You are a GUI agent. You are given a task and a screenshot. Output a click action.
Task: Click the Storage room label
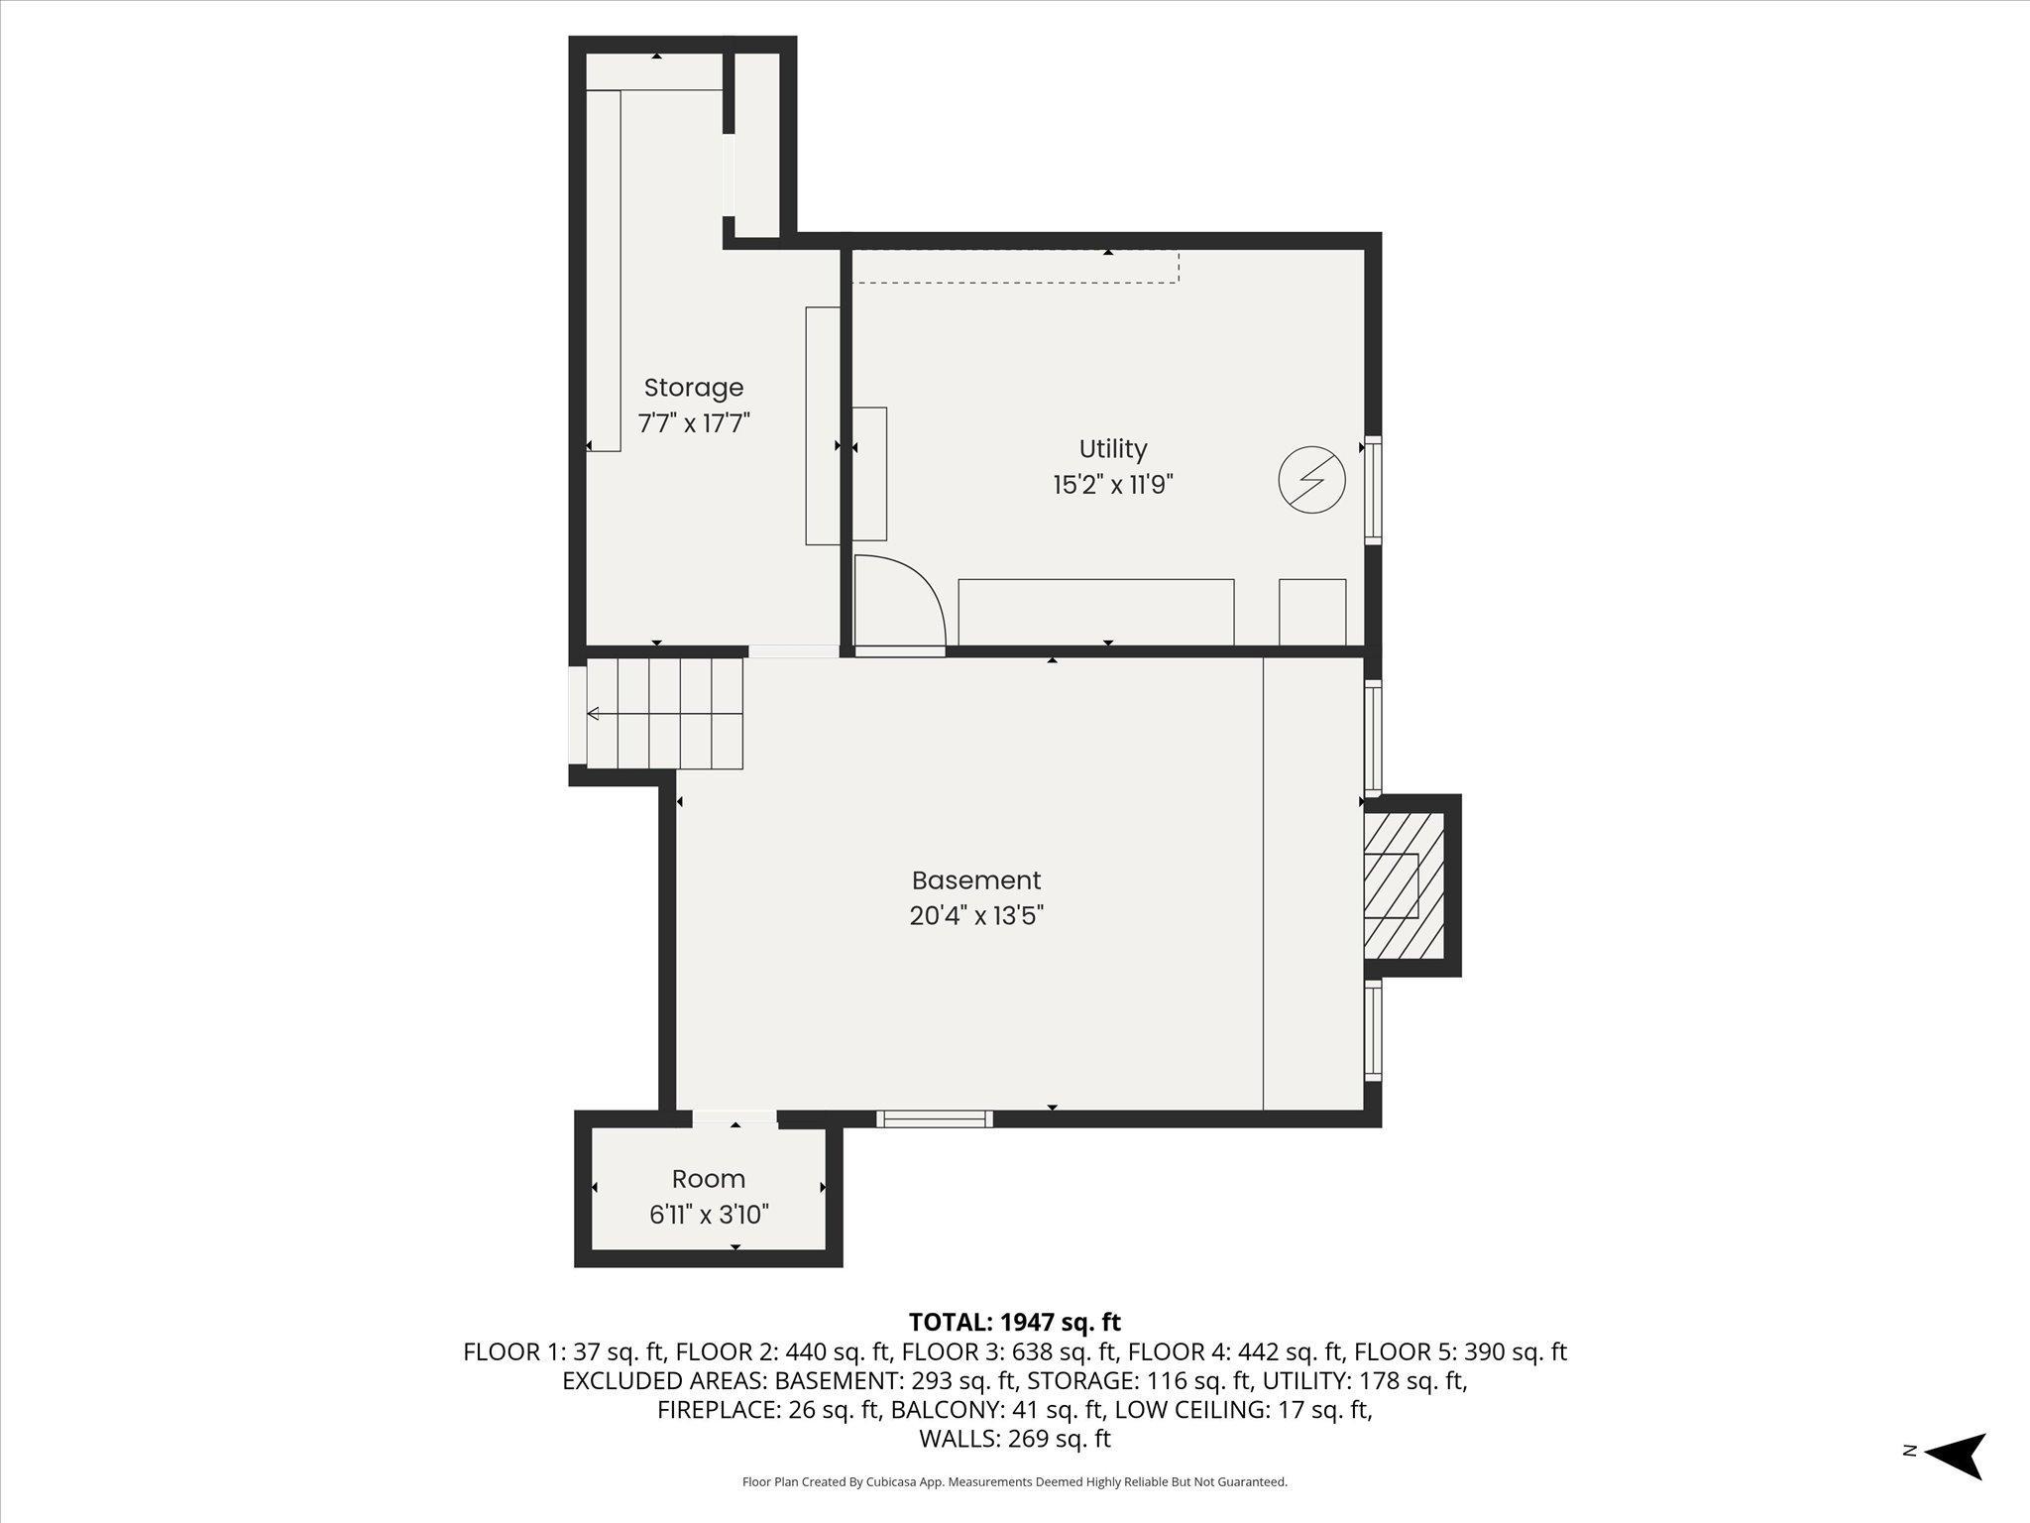pyautogui.click(x=693, y=388)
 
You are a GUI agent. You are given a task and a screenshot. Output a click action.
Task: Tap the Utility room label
pyautogui.click(x=1113, y=449)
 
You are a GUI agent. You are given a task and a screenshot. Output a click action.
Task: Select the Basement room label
pyautogui.click(x=976, y=880)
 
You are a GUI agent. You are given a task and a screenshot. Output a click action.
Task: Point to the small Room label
pyautogui.click(x=709, y=1179)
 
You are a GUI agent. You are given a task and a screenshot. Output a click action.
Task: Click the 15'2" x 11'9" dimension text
pyautogui.click(x=1113, y=485)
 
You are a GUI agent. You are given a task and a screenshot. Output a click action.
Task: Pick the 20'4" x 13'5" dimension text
pyautogui.click(x=976, y=916)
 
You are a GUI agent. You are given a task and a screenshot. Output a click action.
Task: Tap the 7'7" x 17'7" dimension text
pyautogui.click(x=693, y=423)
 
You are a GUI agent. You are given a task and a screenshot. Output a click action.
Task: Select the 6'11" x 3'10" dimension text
pyautogui.click(x=709, y=1215)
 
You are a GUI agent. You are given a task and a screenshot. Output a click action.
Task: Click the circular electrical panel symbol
pyautogui.click(x=1312, y=480)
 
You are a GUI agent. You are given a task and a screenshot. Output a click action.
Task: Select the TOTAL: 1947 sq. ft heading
pyautogui.click(x=1015, y=1322)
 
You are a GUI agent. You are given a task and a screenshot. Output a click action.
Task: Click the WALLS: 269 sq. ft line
pyautogui.click(x=1015, y=1439)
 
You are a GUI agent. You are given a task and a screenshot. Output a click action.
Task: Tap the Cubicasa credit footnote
pyautogui.click(x=1015, y=1482)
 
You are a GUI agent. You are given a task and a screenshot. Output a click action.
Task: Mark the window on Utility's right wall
pyautogui.click(x=1373, y=490)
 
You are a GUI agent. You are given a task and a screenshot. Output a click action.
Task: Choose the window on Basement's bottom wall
pyautogui.click(x=935, y=1118)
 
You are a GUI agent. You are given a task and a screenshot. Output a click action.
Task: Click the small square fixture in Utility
pyautogui.click(x=1312, y=613)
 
